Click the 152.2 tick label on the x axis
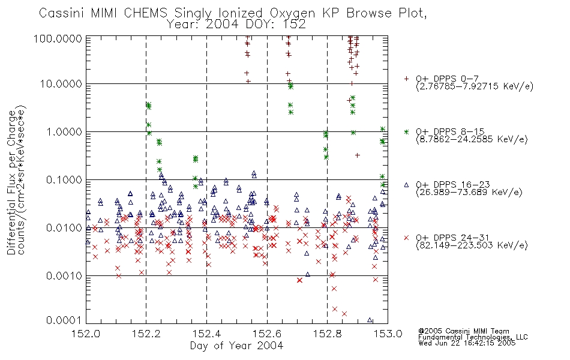tap(146, 334)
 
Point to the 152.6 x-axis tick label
tap(267, 334)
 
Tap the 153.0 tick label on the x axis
tap(388, 334)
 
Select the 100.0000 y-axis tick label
tap(58, 38)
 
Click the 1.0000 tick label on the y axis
tap(64, 131)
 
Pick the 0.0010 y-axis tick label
tap(64, 275)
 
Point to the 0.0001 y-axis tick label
tap(64, 320)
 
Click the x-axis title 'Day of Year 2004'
tap(236, 346)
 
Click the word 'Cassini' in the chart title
tap(62, 13)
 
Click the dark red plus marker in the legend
tap(406, 79)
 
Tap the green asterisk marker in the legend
tap(406, 131)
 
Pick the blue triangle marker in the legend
tap(406, 185)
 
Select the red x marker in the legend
tap(406, 238)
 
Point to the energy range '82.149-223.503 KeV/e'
tap(472, 245)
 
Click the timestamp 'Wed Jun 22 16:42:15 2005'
tap(467, 343)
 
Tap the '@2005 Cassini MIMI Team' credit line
tap(463, 331)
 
